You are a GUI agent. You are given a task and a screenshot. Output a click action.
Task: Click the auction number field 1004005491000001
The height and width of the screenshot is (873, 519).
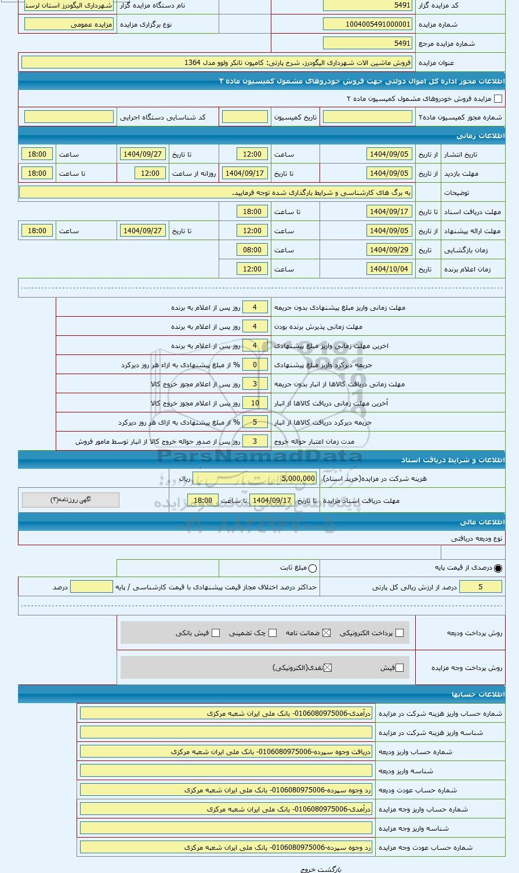[x=367, y=24]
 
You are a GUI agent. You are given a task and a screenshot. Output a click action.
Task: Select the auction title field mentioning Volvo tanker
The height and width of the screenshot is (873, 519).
[x=216, y=62]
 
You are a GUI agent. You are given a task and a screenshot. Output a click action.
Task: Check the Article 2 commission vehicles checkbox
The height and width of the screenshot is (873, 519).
[x=498, y=99]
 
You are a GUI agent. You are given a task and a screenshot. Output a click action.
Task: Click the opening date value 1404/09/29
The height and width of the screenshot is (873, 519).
[x=389, y=250]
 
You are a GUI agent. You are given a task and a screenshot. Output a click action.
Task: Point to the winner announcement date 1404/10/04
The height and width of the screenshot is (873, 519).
[x=389, y=269]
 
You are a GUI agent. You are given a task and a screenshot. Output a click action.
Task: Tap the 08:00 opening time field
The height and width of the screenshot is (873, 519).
[x=252, y=250]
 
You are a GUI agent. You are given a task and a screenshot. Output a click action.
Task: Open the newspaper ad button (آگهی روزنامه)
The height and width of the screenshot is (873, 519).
[x=71, y=499]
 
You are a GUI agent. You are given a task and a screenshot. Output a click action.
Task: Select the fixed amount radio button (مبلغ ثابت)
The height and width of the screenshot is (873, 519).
[x=313, y=568]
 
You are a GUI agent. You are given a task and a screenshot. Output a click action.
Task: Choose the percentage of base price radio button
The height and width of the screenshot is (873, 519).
[x=498, y=568]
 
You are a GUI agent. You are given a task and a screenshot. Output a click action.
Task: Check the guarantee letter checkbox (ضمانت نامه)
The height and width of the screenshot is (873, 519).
[x=326, y=633]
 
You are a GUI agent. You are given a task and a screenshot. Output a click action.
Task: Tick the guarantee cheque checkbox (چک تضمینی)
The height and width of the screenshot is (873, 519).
[x=273, y=633]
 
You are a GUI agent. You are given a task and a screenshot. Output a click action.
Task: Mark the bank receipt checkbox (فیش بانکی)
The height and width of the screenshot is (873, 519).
[x=216, y=633]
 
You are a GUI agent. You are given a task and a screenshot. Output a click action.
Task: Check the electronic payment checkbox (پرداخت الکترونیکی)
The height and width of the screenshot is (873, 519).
[x=399, y=633]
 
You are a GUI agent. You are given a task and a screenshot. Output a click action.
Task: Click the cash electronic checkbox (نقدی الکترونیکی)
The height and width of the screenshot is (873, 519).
[x=328, y=668]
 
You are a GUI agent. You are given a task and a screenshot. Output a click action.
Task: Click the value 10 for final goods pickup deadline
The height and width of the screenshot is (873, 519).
[x=255, y=403]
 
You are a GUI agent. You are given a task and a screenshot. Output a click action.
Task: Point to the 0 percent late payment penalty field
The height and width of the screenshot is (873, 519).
[x=255, y=365]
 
